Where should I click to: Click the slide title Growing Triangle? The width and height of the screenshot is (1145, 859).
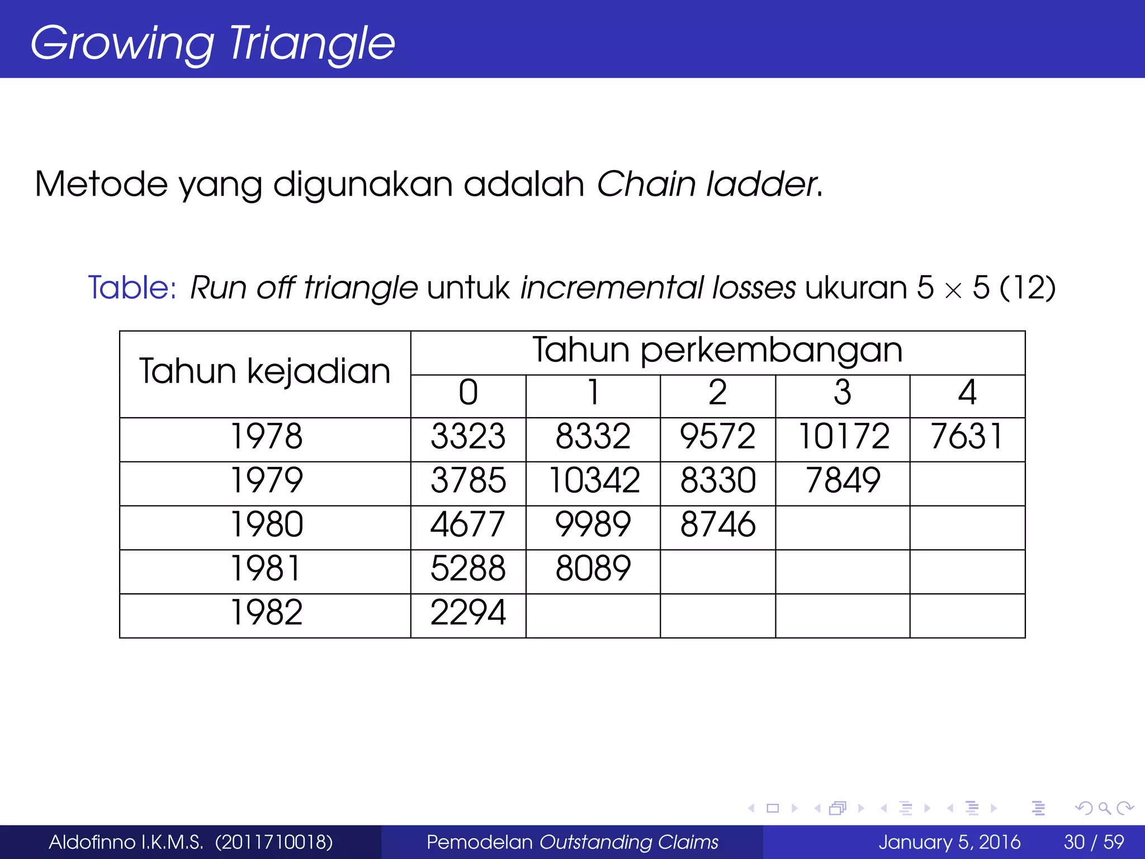click(212, 43)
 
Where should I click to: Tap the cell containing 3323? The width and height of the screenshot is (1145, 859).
click(468, 437)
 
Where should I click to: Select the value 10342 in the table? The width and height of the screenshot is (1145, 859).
click(594, 480)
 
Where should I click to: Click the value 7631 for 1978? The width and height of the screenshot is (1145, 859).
click(967, 437)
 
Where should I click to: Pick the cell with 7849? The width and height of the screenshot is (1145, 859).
click(843, 480)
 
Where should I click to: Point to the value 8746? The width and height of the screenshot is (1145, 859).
click(718, 525)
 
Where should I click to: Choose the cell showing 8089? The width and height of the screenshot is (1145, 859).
click(593, 568)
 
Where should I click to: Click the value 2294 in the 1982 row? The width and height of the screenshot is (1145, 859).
click(468, 612)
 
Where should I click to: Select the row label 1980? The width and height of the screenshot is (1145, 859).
click(267, 525)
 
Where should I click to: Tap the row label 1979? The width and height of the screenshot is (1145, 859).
click(267, 480)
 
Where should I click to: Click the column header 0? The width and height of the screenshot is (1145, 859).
click(468, 393)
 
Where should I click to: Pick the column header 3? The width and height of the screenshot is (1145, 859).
click(843, 393)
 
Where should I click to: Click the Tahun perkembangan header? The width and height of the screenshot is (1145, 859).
click(717, 351)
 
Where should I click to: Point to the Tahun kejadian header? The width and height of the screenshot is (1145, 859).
click(264, 371)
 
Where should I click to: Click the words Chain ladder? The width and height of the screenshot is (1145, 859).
click(707, 184)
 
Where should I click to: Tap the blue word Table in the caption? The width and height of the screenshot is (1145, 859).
click(132, 288)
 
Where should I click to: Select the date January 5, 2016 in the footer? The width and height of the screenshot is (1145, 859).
click(949, 842)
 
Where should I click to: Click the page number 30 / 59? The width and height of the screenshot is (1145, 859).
click(1094, 842)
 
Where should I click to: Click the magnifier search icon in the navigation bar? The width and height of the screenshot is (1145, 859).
click(1104, 808)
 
